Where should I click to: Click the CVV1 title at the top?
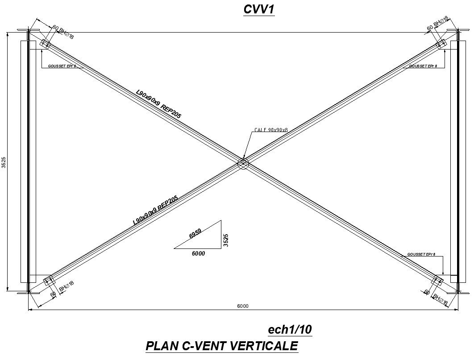(258, 9)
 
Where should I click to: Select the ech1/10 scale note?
(289, 330)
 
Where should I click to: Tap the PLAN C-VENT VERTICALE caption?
(221, 346)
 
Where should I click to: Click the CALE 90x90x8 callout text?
(271, 130)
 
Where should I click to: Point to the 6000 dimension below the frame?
(243, 306)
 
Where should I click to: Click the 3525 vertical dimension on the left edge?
(4, 162)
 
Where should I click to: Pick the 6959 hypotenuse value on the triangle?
(195, 234)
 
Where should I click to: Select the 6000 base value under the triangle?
(198, 253)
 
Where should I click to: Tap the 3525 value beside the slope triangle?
(226, 240)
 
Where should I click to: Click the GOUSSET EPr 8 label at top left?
(59, 66)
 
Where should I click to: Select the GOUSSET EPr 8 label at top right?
(423, 66)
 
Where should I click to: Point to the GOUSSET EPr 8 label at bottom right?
(421, 254)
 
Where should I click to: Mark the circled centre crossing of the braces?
(243, 163)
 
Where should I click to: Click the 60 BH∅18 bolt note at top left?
(62, 33)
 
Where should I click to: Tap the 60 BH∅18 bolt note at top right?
(437, 25)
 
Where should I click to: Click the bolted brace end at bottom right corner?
(438, 280)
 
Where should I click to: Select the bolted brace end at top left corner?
(45, 43)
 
